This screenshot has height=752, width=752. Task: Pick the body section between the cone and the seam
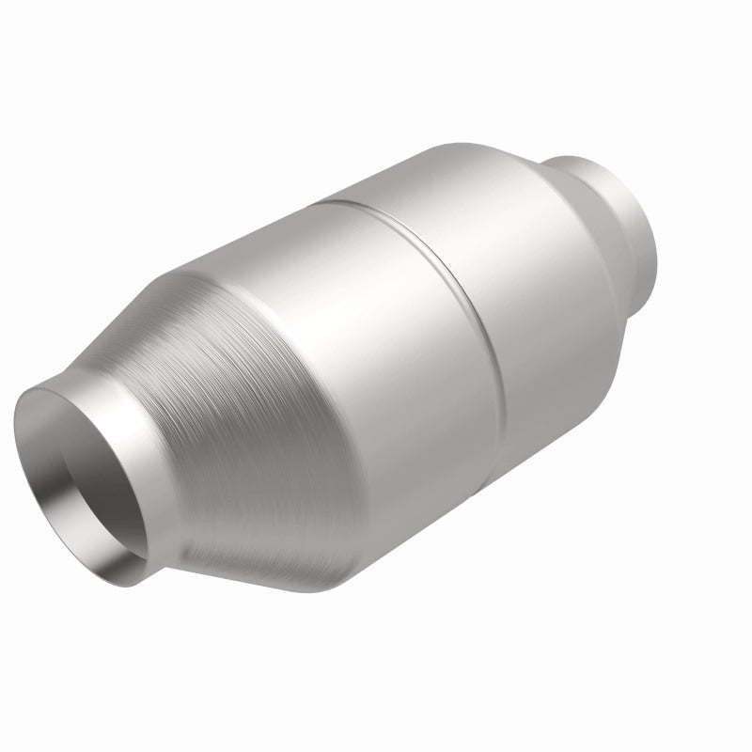coord(376,310)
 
